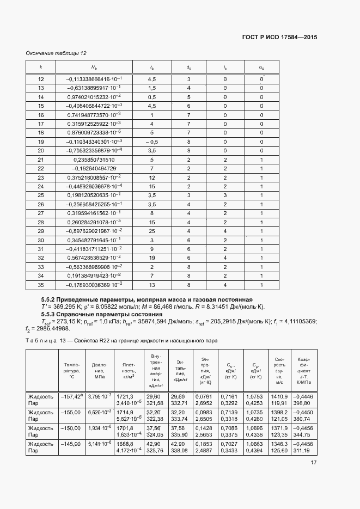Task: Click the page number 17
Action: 314,463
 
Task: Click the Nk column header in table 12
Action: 94,68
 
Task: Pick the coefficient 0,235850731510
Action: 94,160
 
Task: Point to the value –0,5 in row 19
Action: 152,142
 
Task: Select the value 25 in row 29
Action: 152,231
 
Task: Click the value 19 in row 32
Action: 152,257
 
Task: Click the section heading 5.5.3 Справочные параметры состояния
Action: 102,314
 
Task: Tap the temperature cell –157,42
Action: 71,396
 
